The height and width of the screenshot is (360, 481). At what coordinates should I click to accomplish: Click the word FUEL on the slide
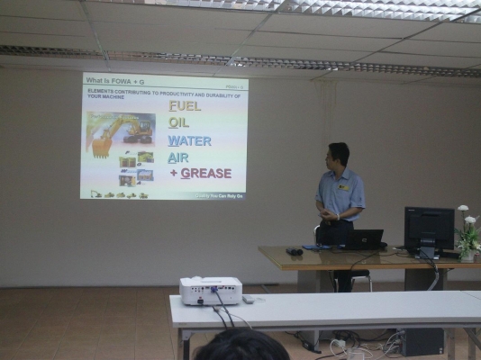click(185, 105)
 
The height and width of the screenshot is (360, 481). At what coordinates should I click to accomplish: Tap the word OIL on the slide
click(178, 123)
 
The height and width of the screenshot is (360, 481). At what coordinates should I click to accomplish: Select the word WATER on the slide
click(189, 140)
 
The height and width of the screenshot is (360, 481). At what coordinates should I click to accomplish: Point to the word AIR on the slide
click(178, 157)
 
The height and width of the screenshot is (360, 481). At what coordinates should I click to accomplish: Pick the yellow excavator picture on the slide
click(120, 131)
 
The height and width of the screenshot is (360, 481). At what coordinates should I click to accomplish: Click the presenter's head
click(338, 156)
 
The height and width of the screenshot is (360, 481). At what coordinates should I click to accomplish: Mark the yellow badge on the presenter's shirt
click(343, 187)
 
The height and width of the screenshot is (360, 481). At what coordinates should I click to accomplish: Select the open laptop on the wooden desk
click(364, 238)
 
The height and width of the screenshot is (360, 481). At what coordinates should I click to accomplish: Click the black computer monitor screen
click(429, 229)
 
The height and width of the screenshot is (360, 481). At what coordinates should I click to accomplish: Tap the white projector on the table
click(211, 290)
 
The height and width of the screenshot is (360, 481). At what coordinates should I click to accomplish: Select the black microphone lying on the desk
click(294, 250)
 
